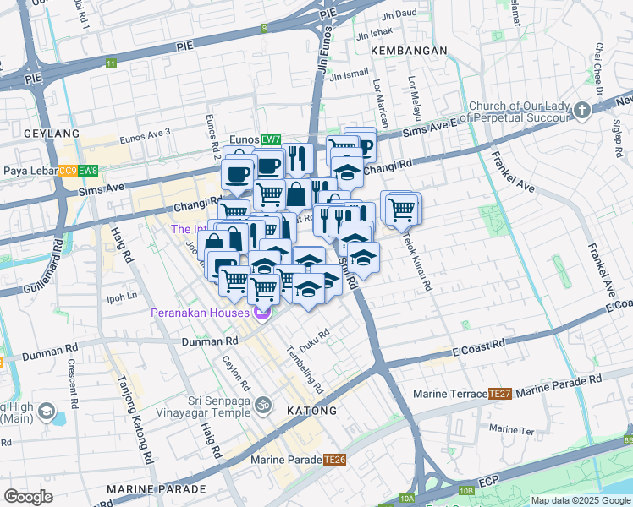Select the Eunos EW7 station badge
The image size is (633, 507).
pos(270,139)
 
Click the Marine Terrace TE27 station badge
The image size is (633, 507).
pos(500,394)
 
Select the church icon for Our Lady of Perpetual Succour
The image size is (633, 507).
pos(582,111)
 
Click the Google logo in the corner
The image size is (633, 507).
pos(29,497)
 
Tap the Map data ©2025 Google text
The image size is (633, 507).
pos(580,500)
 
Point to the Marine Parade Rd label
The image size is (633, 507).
pos(559,384)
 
